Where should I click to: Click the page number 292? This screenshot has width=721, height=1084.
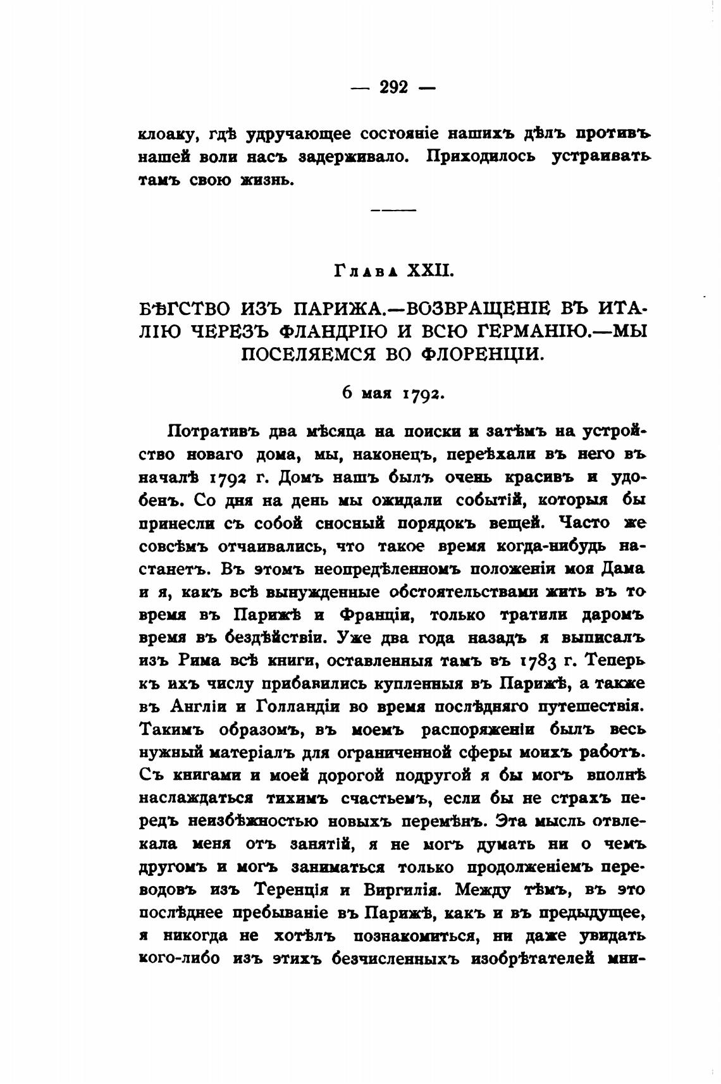pos(393,87)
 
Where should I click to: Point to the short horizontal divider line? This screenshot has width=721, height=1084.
pos(393,210)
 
